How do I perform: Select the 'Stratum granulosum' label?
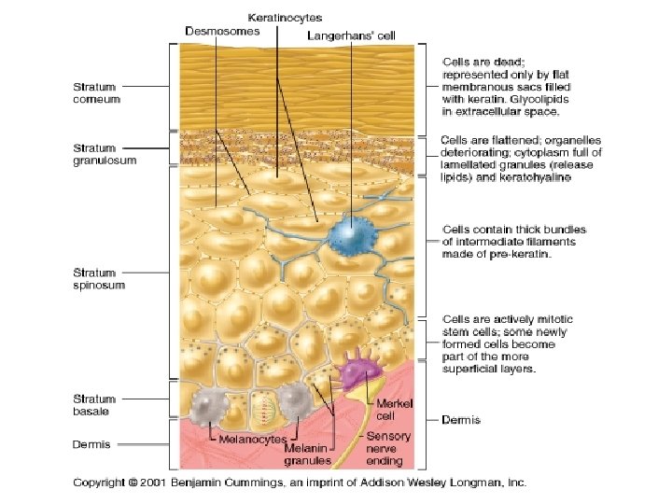click(x=105, y=153)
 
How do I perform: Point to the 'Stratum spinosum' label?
click(x=99, y=277)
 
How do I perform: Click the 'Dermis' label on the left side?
click(x=91, y=444)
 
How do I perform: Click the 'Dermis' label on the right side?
click(x=461, y=420)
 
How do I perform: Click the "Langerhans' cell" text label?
click(x=351, y=35)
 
